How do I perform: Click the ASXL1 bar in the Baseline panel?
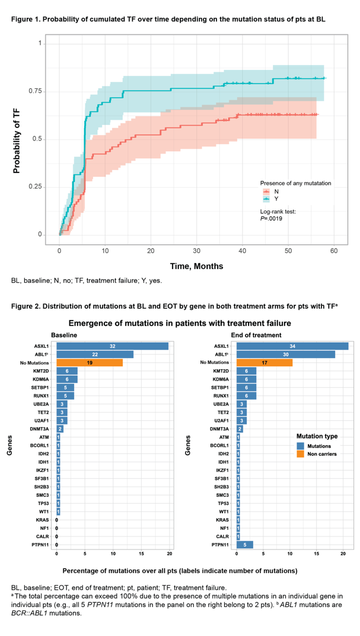pos(112,346)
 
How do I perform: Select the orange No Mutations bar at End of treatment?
pos(265,362)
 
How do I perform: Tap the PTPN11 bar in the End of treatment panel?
pos(244,545)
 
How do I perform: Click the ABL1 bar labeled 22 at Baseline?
pos(95,354)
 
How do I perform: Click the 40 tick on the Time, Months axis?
pos(242,252)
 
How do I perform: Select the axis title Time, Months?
pos(197,267)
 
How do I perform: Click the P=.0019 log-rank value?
pos(271,219)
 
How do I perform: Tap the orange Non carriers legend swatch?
pos(301,453)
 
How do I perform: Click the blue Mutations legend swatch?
pos(301,445)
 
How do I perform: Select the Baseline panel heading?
pos(64,335)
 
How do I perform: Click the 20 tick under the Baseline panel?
pos(170,553)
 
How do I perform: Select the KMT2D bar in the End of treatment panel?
pos(246,370)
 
